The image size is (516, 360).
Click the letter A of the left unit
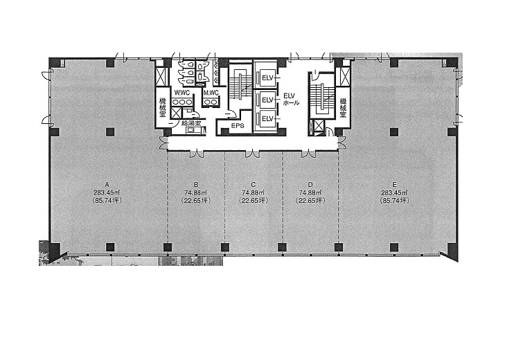106,184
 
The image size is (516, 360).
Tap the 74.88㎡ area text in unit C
253,192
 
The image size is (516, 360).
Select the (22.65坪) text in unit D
310,200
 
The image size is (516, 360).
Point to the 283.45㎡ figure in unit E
395,192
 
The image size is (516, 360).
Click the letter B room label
196,184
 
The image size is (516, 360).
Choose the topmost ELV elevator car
267,78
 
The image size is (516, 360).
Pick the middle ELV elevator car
267,99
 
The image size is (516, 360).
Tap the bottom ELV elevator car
267,118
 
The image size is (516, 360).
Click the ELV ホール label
291,99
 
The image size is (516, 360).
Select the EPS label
238,126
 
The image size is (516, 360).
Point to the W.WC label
182,93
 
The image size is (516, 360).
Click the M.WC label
211,93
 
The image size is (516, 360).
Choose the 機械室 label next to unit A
162,107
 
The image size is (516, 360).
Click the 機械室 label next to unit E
344,107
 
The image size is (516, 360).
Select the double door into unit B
197,153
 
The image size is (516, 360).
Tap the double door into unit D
309,153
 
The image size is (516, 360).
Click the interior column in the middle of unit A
110,132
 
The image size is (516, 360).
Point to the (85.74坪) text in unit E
395,200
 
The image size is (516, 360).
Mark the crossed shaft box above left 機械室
161,76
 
